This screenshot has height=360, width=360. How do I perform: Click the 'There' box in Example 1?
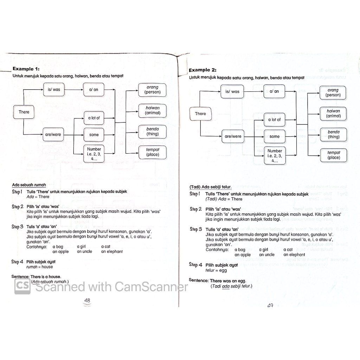click(x=24, y=112)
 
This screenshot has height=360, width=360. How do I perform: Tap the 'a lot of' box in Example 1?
click(x=94, y=118)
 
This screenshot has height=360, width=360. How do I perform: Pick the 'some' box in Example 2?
click(x=275, y=136)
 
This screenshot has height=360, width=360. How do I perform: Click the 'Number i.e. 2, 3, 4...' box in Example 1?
click(x=94, y=154)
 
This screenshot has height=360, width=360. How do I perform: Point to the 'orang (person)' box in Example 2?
click(x=333, y=93)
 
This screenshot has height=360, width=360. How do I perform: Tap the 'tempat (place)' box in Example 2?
click(x=334, y=155)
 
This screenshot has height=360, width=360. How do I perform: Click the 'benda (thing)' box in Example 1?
click(x=153, y=131)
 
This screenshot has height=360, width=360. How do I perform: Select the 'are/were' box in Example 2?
click(x=232, y=136)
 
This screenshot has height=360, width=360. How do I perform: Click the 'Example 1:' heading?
click(x=26, y=69)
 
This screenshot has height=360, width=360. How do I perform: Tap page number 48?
click(x=87, y=301)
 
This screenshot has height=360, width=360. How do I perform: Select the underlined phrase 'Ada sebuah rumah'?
click(x=29, y=185)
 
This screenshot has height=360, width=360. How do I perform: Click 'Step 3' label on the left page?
click(x=18, y=227)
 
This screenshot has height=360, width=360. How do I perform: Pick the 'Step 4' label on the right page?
click(x=195, y=265)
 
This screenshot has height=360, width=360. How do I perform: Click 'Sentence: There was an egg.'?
click(x=217, y=281)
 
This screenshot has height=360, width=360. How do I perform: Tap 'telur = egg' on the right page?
click(x=216, y=270)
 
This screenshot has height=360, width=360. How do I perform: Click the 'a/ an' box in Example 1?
click(x=94, y=90)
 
